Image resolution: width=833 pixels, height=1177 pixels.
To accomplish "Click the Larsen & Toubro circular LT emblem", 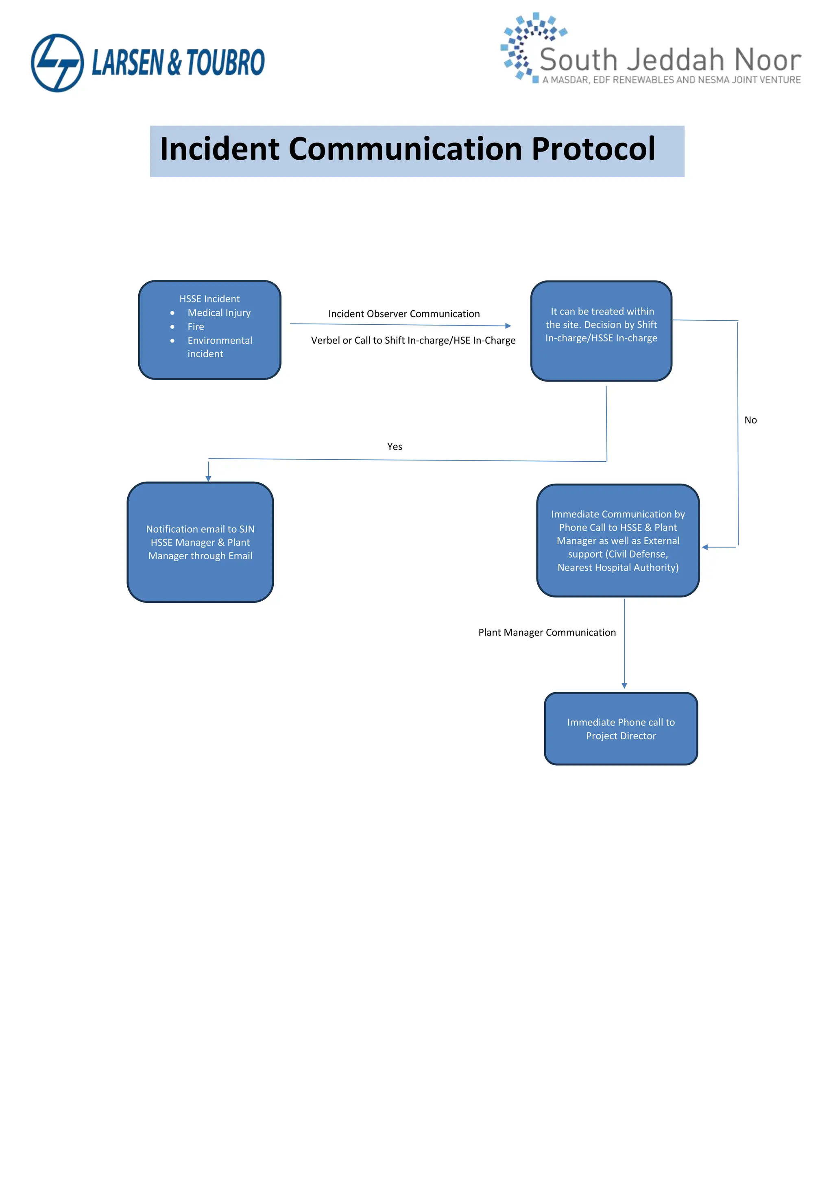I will pos(57,63).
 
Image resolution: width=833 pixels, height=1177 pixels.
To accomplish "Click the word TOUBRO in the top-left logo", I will pos(225,63).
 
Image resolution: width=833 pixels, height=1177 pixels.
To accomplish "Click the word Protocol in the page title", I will pos(593,149).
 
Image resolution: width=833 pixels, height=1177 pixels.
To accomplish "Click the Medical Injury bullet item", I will pos(219,313).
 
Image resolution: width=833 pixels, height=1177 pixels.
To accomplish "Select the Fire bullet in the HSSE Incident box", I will pos(195,326).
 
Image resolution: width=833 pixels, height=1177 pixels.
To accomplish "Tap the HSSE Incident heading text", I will pos(209,299).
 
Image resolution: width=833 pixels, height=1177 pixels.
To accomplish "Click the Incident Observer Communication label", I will pos(403,314).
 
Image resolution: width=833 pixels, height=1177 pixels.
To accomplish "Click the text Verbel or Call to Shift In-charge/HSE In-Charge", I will pos(413,341).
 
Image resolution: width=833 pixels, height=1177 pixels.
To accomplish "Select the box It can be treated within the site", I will pos(601,331).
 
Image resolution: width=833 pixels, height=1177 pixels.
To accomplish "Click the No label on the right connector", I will pos(750,420).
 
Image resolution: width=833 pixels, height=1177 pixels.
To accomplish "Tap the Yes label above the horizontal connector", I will pos(395,447).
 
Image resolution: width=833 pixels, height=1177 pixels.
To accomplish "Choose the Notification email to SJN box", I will pos(200,542).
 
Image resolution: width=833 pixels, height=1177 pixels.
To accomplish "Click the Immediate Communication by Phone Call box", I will pos(617,540).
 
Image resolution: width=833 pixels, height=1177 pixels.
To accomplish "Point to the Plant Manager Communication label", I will pos(547,632).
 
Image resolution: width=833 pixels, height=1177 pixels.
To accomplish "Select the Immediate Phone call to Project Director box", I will pos(621,728).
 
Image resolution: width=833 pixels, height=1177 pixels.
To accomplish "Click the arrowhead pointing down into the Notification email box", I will pos(208,478).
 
